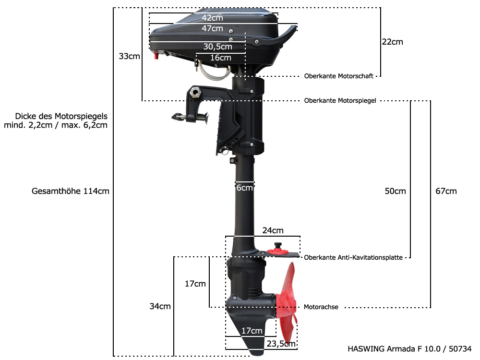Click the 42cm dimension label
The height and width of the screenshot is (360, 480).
click(x=212, y=18)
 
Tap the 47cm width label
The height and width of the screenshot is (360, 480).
click(x=212, y=28)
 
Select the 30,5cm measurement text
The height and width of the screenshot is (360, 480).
click(x=217, y=47)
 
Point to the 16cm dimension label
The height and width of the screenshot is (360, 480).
click(x=221, y=58)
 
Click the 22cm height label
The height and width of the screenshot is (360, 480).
click(x=392, y=42)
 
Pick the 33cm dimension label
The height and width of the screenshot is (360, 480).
click(x=129, y=56)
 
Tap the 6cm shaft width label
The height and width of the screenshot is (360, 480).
click(x=244, y=188)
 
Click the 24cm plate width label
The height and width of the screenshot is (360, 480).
click(x=273, y=230)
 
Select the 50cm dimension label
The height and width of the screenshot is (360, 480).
click(x=395, y=191)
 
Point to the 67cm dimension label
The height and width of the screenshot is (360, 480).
click(x=446, y=191)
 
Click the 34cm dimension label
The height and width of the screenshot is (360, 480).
click(x=160, y=306)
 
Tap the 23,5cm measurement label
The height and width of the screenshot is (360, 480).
click(x=281, y=344)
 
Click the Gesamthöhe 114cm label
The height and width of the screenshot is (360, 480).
click(x=71, y=191)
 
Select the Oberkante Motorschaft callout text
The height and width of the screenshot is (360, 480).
click(x=339, y=76)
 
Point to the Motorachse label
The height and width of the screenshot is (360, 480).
click(x=321, y=307)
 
